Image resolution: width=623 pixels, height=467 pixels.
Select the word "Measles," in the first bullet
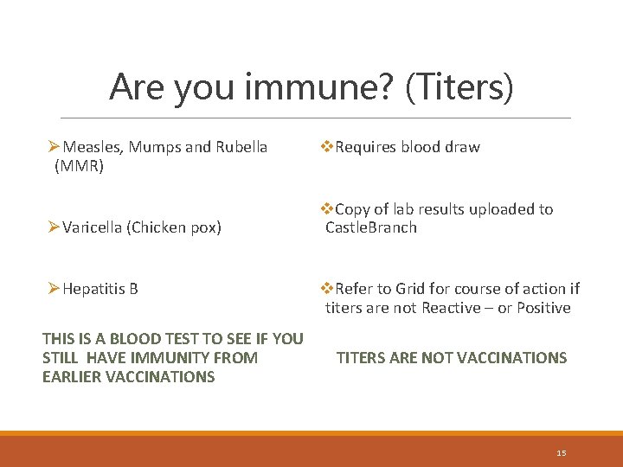pyautogui.click(x=95, y=147)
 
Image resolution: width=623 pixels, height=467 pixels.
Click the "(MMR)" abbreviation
pyautogui.click(x=79, y=166)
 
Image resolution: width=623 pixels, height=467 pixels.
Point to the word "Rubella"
pyautogui.click(x=242, y=147)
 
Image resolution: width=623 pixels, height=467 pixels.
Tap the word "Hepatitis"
pyautogui.click(x=93, y=289)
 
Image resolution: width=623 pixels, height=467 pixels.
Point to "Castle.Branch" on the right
pyautogui.click(x=371, y=227)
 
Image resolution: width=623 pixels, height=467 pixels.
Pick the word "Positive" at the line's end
pyautogui.click(x=543, y=308)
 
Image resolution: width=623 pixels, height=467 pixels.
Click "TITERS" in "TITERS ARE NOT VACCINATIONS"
pyautogui.click(x=361, y=358)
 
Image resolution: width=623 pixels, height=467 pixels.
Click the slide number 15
pyautogui.click(x=561, y=453)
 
